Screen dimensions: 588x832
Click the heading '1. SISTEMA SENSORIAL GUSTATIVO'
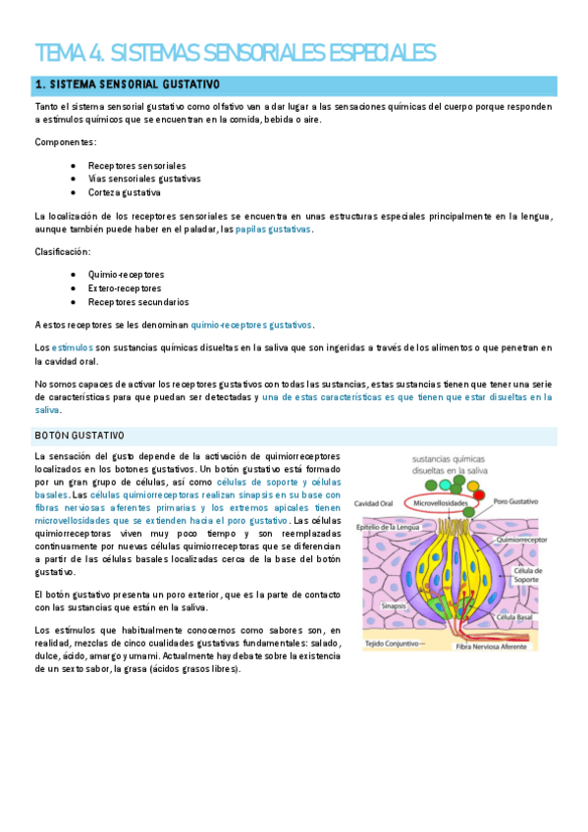[127, 85]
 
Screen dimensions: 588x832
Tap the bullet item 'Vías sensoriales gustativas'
[143, 179]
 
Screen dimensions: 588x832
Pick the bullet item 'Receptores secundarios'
[137, 302]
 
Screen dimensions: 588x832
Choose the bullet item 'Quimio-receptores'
[126, 274]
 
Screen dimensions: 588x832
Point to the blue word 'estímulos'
[72, 347]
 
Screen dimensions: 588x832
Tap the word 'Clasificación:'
[63, 251]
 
